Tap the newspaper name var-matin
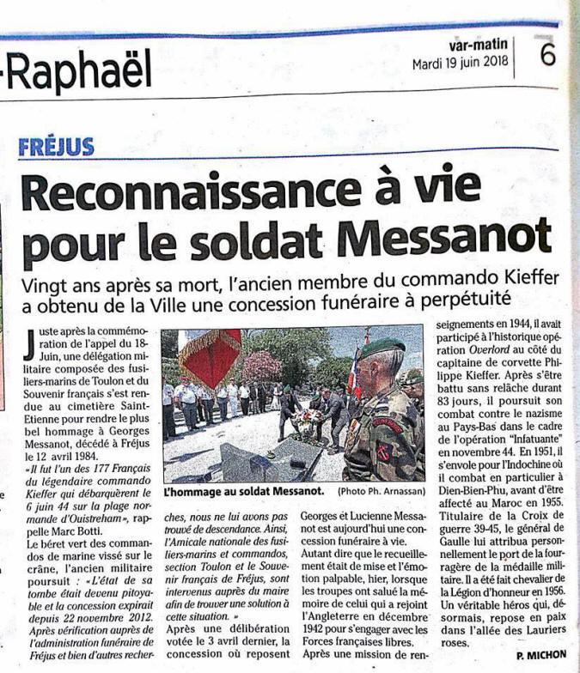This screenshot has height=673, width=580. click(478, 44)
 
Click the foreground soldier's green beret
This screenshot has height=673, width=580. click(382, 347)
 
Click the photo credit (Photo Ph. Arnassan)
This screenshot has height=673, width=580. click(379, 491)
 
